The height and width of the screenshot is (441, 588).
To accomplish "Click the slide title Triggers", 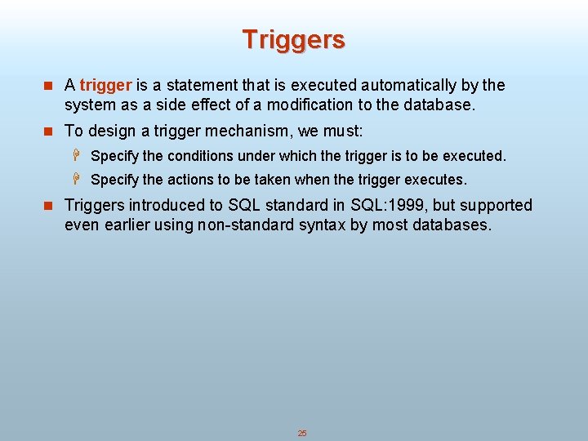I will [x=293, y=39].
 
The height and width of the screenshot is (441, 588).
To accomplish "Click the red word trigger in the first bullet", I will [x=105, y=85].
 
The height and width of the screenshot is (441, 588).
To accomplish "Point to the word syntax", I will [x=323, y=225].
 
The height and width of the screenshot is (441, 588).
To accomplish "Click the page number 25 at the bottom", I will [x=301, y=433].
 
